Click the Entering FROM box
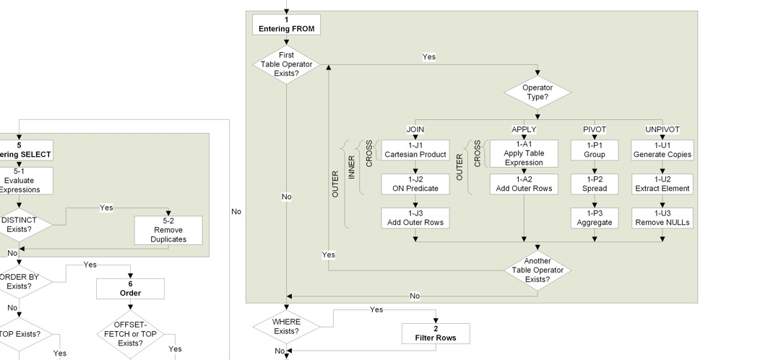(x=287, y=25)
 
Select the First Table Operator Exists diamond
(x=287, y=64)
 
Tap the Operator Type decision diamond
(x=537, y=93)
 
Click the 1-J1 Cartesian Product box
(x=415, y=150)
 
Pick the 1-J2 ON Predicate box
(x=415, y=184)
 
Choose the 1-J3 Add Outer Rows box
(x=415, y=218)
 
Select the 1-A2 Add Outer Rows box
(x=523, y=184)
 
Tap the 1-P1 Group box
(x=594, y=150)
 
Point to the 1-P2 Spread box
(x=594, y=184)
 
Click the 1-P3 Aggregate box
(x=594, y=218)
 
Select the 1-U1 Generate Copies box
(x=662, y=150)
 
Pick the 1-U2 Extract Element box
(x=662, y=184)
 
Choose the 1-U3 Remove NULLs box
(x=662, y=218)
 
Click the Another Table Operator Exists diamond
(x=537, y=270)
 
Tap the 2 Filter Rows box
(x=436, y=333)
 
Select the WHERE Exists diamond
(x=286, y=327)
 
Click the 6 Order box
(x=130, y=289)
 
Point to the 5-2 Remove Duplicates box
(x=168, y=230)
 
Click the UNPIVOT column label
(x=662, y=129)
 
